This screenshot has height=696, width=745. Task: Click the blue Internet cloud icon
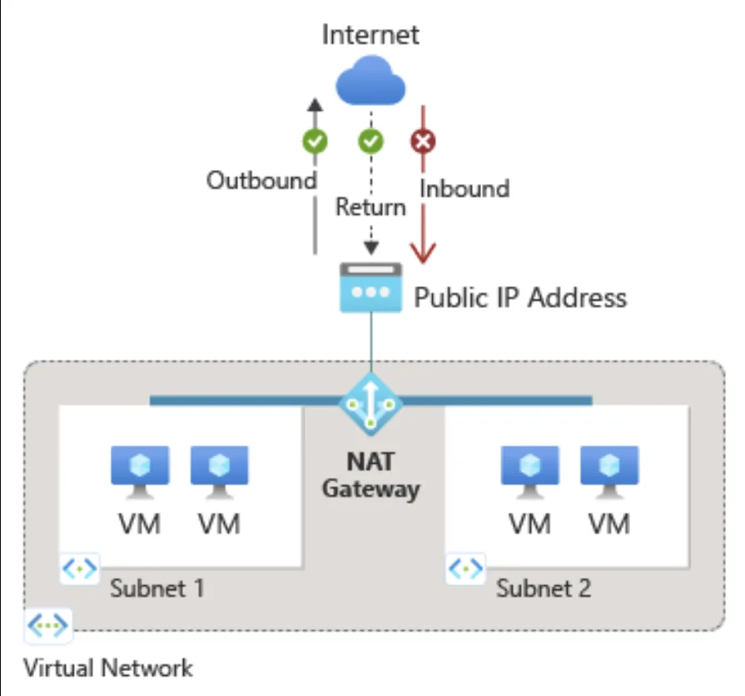pyautogui.click(x=370, y=80)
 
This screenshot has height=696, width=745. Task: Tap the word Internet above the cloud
pyautogui.click(x=370, y=35)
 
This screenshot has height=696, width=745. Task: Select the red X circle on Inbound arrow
pyautogui.click(x=423, y=141)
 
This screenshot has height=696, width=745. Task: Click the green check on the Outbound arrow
pyautogui.click(x=315, y=141)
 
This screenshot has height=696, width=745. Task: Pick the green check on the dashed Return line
pyautogui.click(x=370, y=141)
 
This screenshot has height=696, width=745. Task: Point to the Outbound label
pyautogui.click(x=261, y=181)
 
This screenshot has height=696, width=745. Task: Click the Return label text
pyautogui.click(x=370, y=207)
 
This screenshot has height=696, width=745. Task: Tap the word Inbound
pyautogui.click(x=464, y=189)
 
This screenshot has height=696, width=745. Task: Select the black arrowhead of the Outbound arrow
pyautogui.click(x=315, y=105)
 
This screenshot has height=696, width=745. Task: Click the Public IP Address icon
pyautogui.click(x=370, y=287)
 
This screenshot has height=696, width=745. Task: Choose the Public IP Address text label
pyautogui.click(x=520, y=298)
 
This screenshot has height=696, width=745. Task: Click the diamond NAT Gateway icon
pyautogui.click(x=370, y=405)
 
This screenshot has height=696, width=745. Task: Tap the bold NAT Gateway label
pyautogui.click(x=370, y=475)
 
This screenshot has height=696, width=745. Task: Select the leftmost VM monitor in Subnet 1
pyautogui.click(x=140, y=472)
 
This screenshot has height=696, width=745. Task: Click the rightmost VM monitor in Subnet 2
pyautogui.click(x=609, y=472)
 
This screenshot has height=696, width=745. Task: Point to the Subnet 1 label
pyautogui.click(x=156, y=588)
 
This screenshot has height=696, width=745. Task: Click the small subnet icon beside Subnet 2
pyautogui.click(x=465, y=568)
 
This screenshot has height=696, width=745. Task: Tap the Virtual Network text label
pyautogui.click(x=108, y=668)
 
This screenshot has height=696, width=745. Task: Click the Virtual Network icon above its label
pyautogui.click(x=47, y=625)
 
